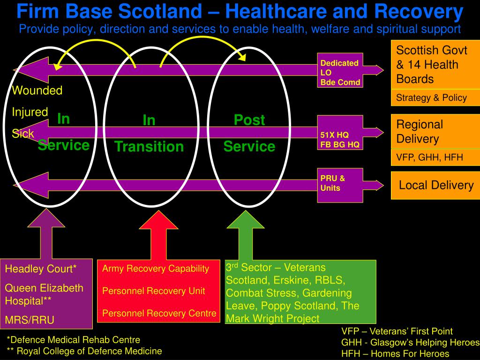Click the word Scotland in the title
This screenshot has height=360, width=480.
click(160, 11)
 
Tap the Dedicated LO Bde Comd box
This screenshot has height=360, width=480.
click(340, 70)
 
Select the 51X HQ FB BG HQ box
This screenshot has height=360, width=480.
click(340, 133)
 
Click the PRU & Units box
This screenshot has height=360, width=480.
click(340, 185)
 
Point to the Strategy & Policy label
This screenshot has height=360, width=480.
click(431, 97)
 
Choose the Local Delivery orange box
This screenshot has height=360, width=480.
click(435, 186)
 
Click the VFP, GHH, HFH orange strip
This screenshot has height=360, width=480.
click(435, 157)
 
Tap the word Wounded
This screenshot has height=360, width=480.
click(37, 90)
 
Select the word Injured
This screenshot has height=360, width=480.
click(30, 112)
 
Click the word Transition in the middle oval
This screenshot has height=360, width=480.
click(149, 146)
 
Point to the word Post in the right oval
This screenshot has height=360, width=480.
click(249, 120)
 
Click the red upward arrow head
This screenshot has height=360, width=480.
click(158, 220)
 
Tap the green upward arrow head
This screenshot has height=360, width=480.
click(246, 219)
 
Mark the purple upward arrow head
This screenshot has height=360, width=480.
click(46, 218)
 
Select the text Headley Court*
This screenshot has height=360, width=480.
click(41, 269)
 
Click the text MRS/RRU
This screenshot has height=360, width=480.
click(30, 320)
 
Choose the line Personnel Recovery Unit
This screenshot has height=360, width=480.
click(153, 291)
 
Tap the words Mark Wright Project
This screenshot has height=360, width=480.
click(272, 319)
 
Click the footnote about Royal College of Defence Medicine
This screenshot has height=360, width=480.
click(84, 351)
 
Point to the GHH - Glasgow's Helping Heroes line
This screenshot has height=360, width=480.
click(411, 342)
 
